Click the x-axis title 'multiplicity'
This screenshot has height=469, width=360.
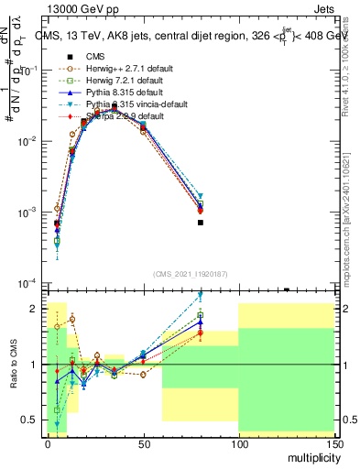[x=311, y=455]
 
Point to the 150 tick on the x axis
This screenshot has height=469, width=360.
[x=333, y=442]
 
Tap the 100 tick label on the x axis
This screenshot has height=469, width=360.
[x=238, y=442]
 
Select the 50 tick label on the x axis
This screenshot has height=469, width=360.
[x=143, y=442]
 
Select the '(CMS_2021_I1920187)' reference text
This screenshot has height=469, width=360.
[x=191, y=274]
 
